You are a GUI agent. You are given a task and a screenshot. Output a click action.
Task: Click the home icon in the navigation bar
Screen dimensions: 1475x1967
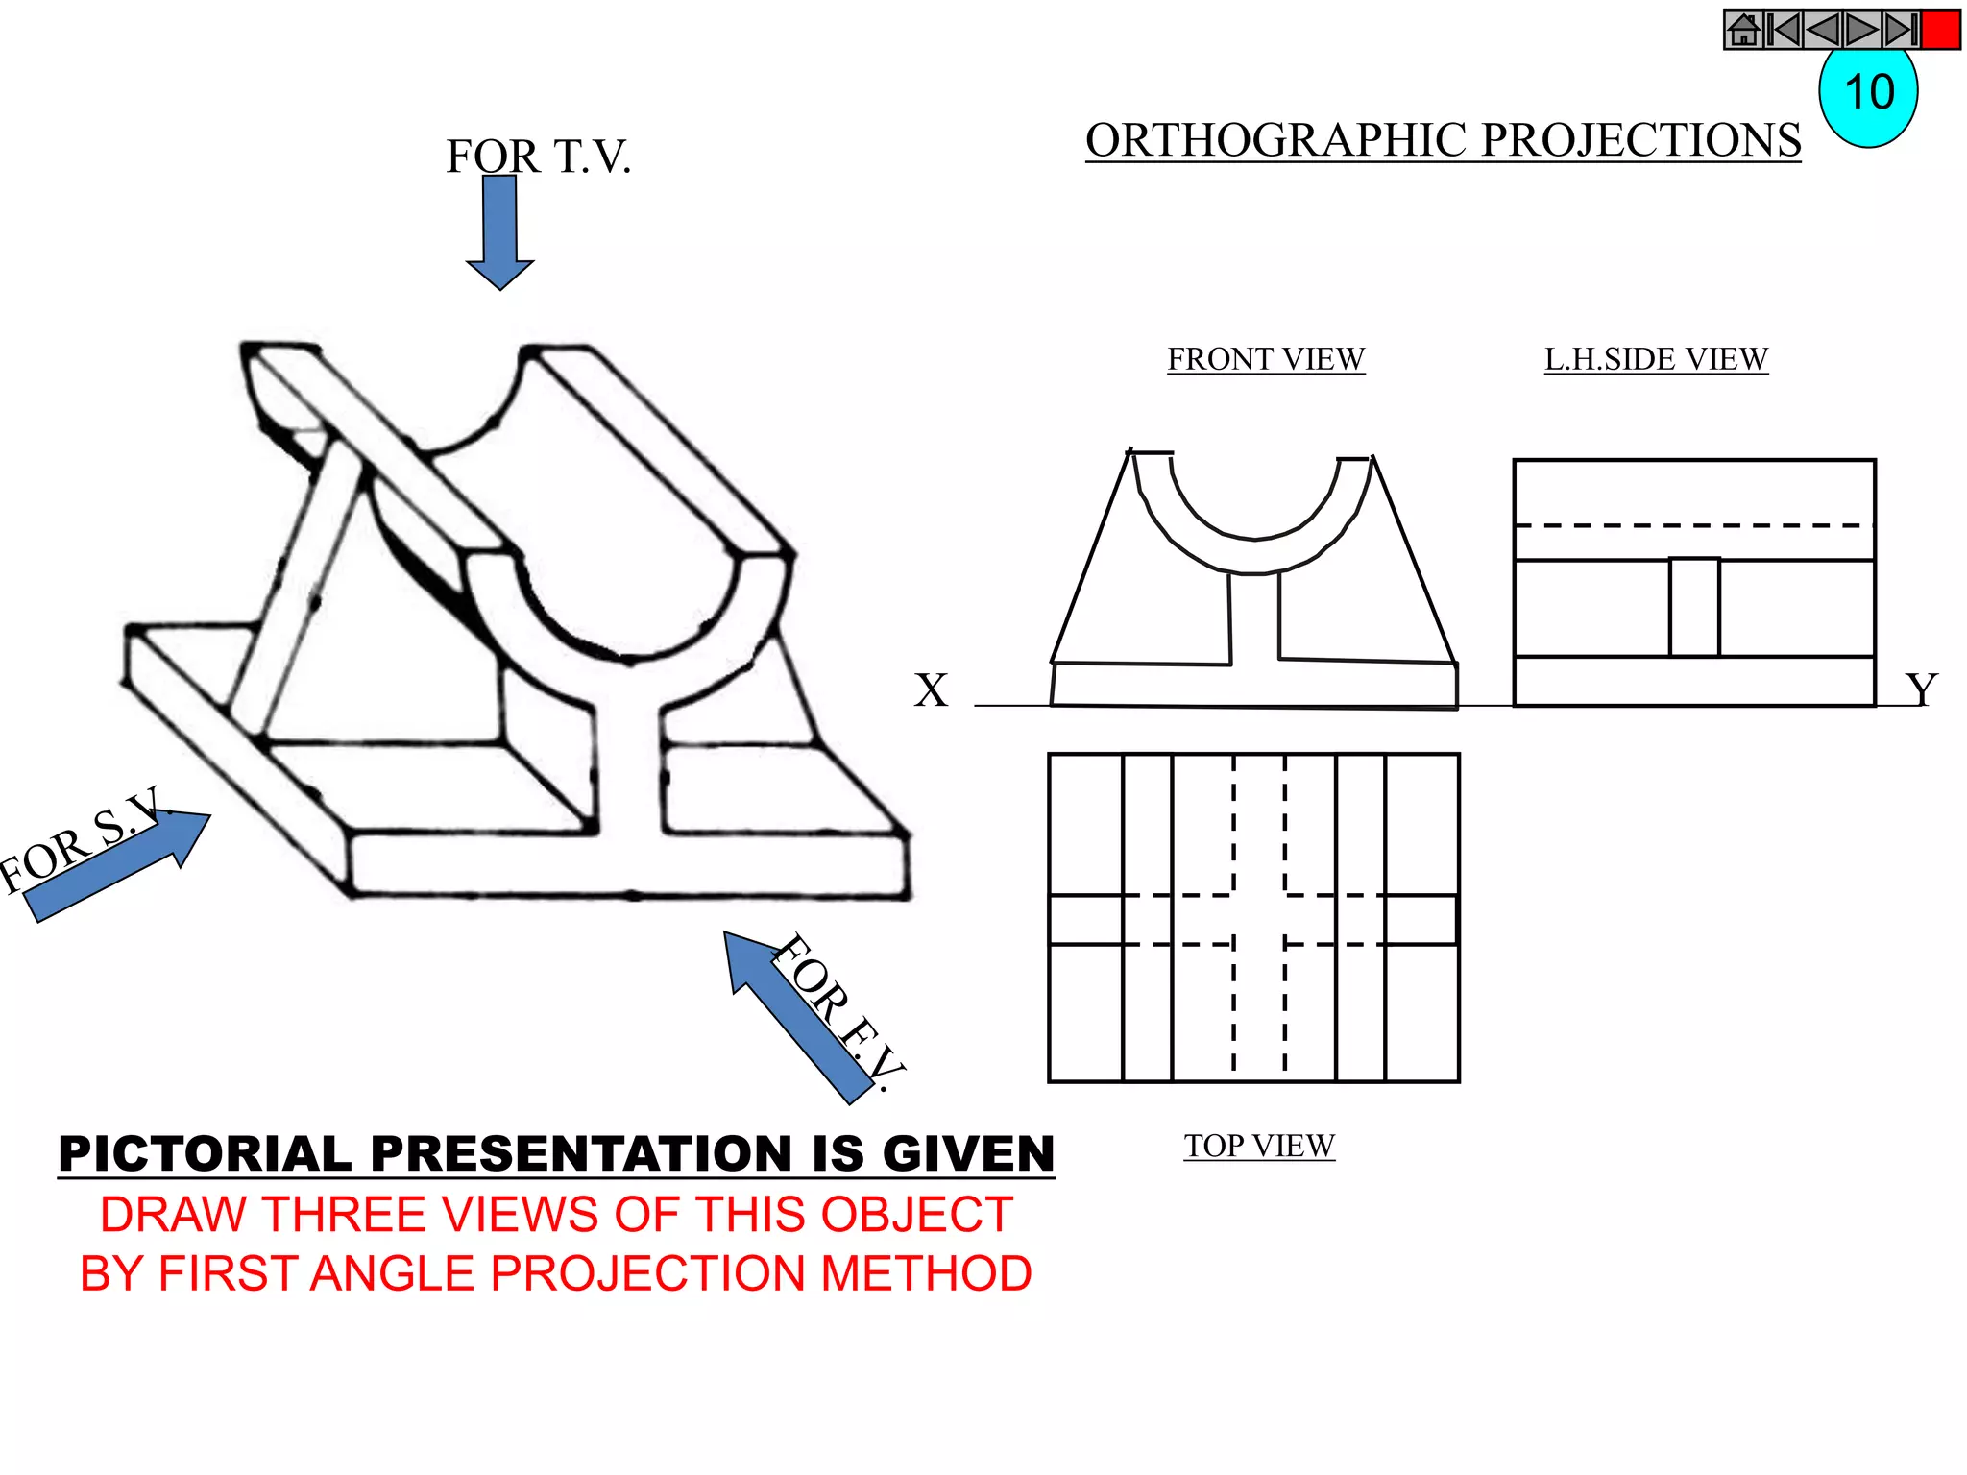tap(1743, 30)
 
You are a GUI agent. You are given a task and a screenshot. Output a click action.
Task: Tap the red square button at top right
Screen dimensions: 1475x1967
tap(1940, 30)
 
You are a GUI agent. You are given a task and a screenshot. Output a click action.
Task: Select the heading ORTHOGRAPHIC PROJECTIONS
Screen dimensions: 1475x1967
tap(1443, 140)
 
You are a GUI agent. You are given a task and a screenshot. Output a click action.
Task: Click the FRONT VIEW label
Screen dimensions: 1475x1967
tap(1265, 359)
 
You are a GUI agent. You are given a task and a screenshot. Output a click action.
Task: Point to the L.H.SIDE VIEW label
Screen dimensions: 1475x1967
tap(1655, 359)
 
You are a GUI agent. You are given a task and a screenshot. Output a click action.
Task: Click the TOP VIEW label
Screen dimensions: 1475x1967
tap(1258, 1146)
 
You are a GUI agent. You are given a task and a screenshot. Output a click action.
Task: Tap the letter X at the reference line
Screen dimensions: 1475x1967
tap(930, 690)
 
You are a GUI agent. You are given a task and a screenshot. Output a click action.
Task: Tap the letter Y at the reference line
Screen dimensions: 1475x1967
tap(1921, 689)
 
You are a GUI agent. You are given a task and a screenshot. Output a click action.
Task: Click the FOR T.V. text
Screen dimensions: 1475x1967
tap(538, 157)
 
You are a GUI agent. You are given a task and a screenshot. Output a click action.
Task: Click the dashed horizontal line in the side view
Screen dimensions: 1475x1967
tap(1693, 525)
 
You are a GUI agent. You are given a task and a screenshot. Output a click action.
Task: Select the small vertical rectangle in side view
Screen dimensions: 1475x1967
tap(1693, 608)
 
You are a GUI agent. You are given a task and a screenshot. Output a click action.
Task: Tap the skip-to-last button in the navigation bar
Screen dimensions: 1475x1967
tap(1901, 30)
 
